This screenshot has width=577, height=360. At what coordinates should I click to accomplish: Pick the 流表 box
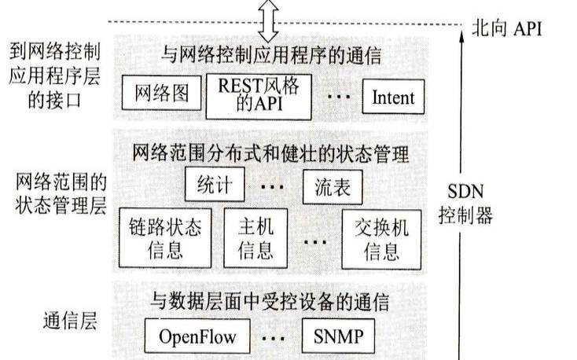point(333,187)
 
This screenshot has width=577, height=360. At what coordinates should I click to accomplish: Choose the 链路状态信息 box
point(165,237)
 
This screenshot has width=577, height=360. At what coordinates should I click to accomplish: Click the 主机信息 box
point(255,237)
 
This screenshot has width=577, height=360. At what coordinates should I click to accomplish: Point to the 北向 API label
point(506,30)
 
